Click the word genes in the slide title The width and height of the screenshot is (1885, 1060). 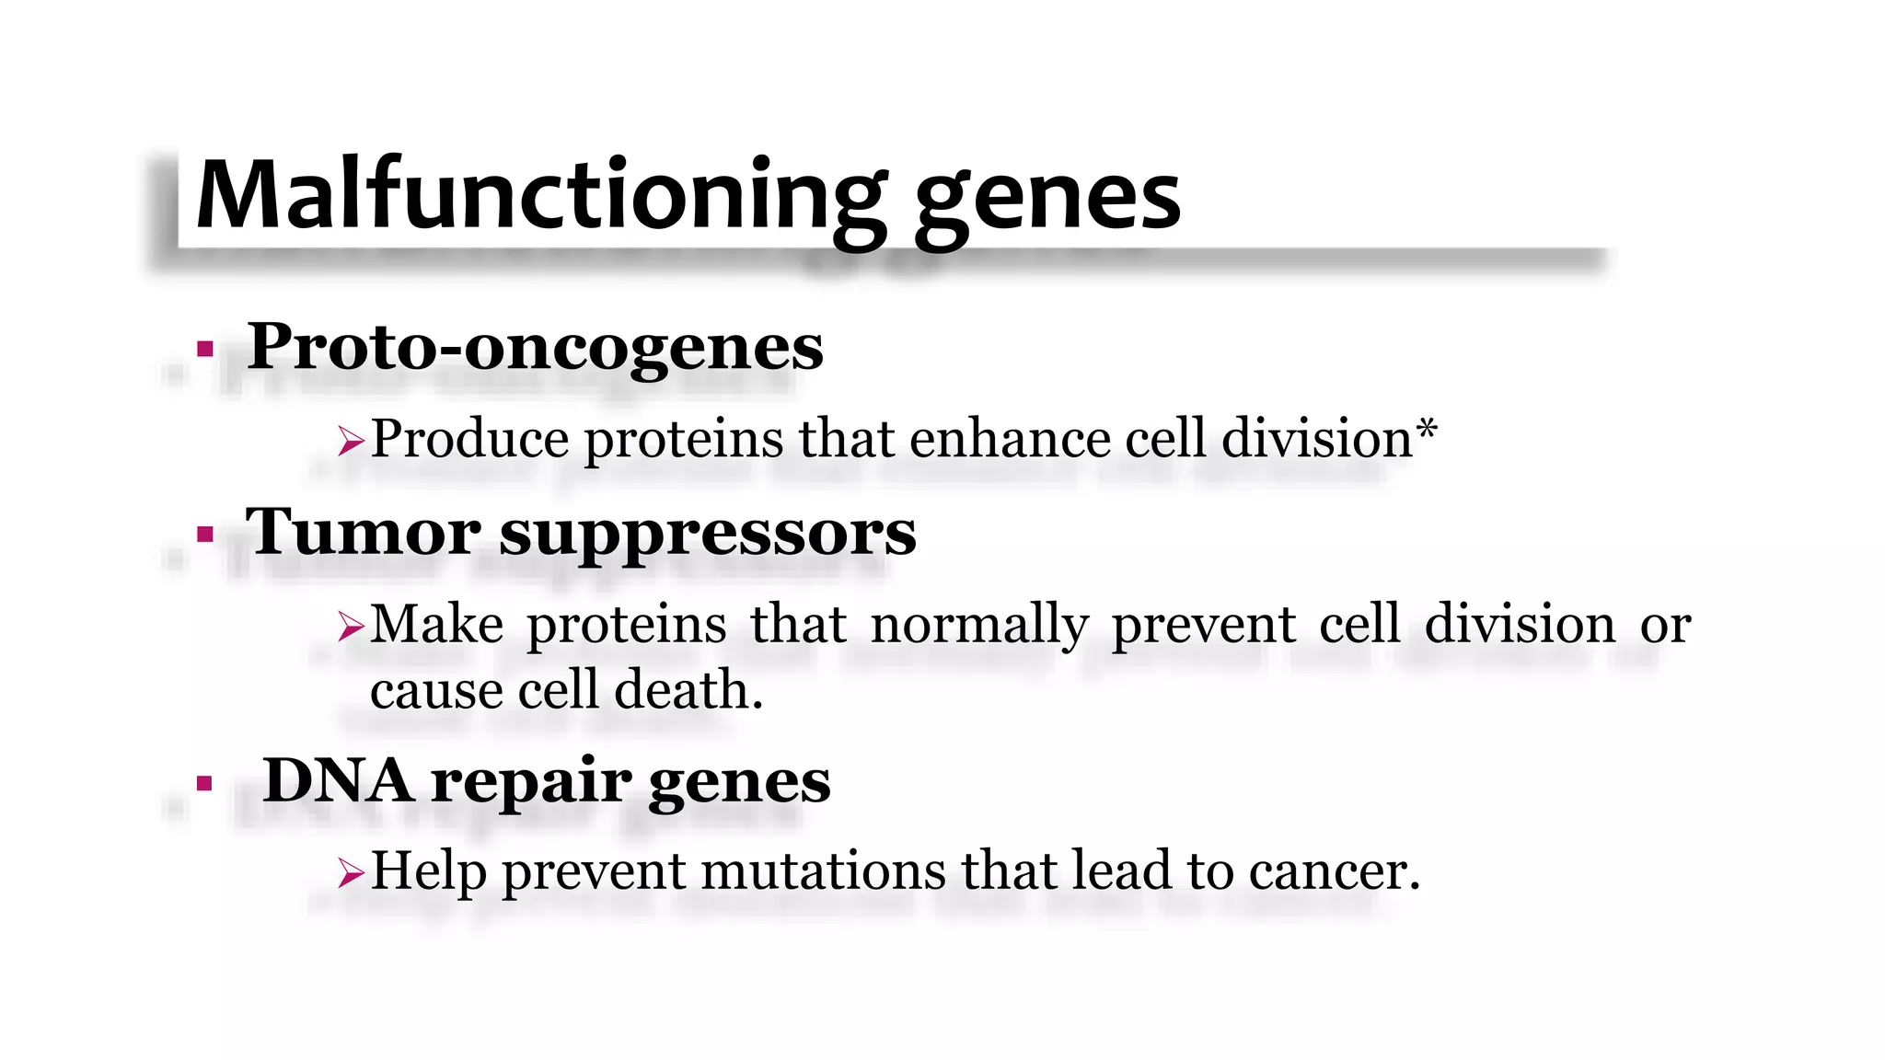pos(1047,201)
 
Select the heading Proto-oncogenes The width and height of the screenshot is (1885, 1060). pos(535,348)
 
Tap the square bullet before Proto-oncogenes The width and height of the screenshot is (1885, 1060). pos(205,349)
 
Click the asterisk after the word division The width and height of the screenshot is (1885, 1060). pos(1426,428)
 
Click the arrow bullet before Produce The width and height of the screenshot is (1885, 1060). pos(351,441)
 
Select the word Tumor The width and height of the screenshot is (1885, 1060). pos(362,532)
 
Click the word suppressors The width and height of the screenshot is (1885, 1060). pos(707,536)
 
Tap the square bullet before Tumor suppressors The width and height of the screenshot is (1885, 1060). pos(205,534)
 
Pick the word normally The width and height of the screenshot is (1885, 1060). pos(979,626)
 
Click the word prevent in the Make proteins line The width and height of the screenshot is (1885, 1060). pos(1204,626)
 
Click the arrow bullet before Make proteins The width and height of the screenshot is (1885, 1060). pos(351,627)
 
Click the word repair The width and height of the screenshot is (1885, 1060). pos(530,784)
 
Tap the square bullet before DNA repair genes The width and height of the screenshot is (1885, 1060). pos(205,783)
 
